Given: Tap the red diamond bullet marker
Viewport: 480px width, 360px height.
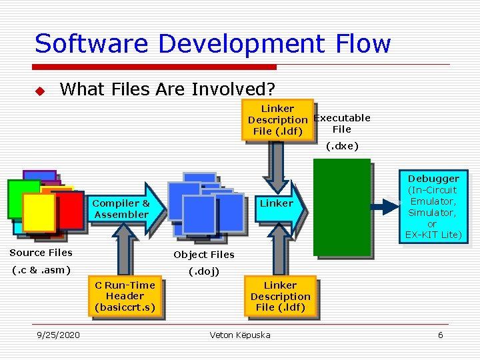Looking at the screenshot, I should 39,90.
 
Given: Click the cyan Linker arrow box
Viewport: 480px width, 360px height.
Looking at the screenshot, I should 277,204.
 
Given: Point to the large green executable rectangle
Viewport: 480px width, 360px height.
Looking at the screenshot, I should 344,207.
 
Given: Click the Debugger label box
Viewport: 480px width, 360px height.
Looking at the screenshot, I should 433,207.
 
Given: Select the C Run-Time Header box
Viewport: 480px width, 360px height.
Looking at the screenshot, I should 125,296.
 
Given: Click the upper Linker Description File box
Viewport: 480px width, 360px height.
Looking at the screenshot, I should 277,120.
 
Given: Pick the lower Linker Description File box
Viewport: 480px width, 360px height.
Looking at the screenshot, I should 280,296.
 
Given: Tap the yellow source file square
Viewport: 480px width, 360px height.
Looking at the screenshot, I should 39,213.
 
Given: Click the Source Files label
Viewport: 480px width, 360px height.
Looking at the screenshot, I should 41,253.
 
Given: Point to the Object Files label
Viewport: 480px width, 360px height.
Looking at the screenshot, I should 204,255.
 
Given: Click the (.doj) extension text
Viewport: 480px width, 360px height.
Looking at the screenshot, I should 204,271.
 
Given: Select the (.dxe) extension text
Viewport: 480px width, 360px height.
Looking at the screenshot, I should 342,146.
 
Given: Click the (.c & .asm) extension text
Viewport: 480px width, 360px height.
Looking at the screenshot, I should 41,270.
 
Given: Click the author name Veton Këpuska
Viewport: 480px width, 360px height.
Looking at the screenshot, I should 240,335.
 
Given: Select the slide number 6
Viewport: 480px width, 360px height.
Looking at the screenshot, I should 440,335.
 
